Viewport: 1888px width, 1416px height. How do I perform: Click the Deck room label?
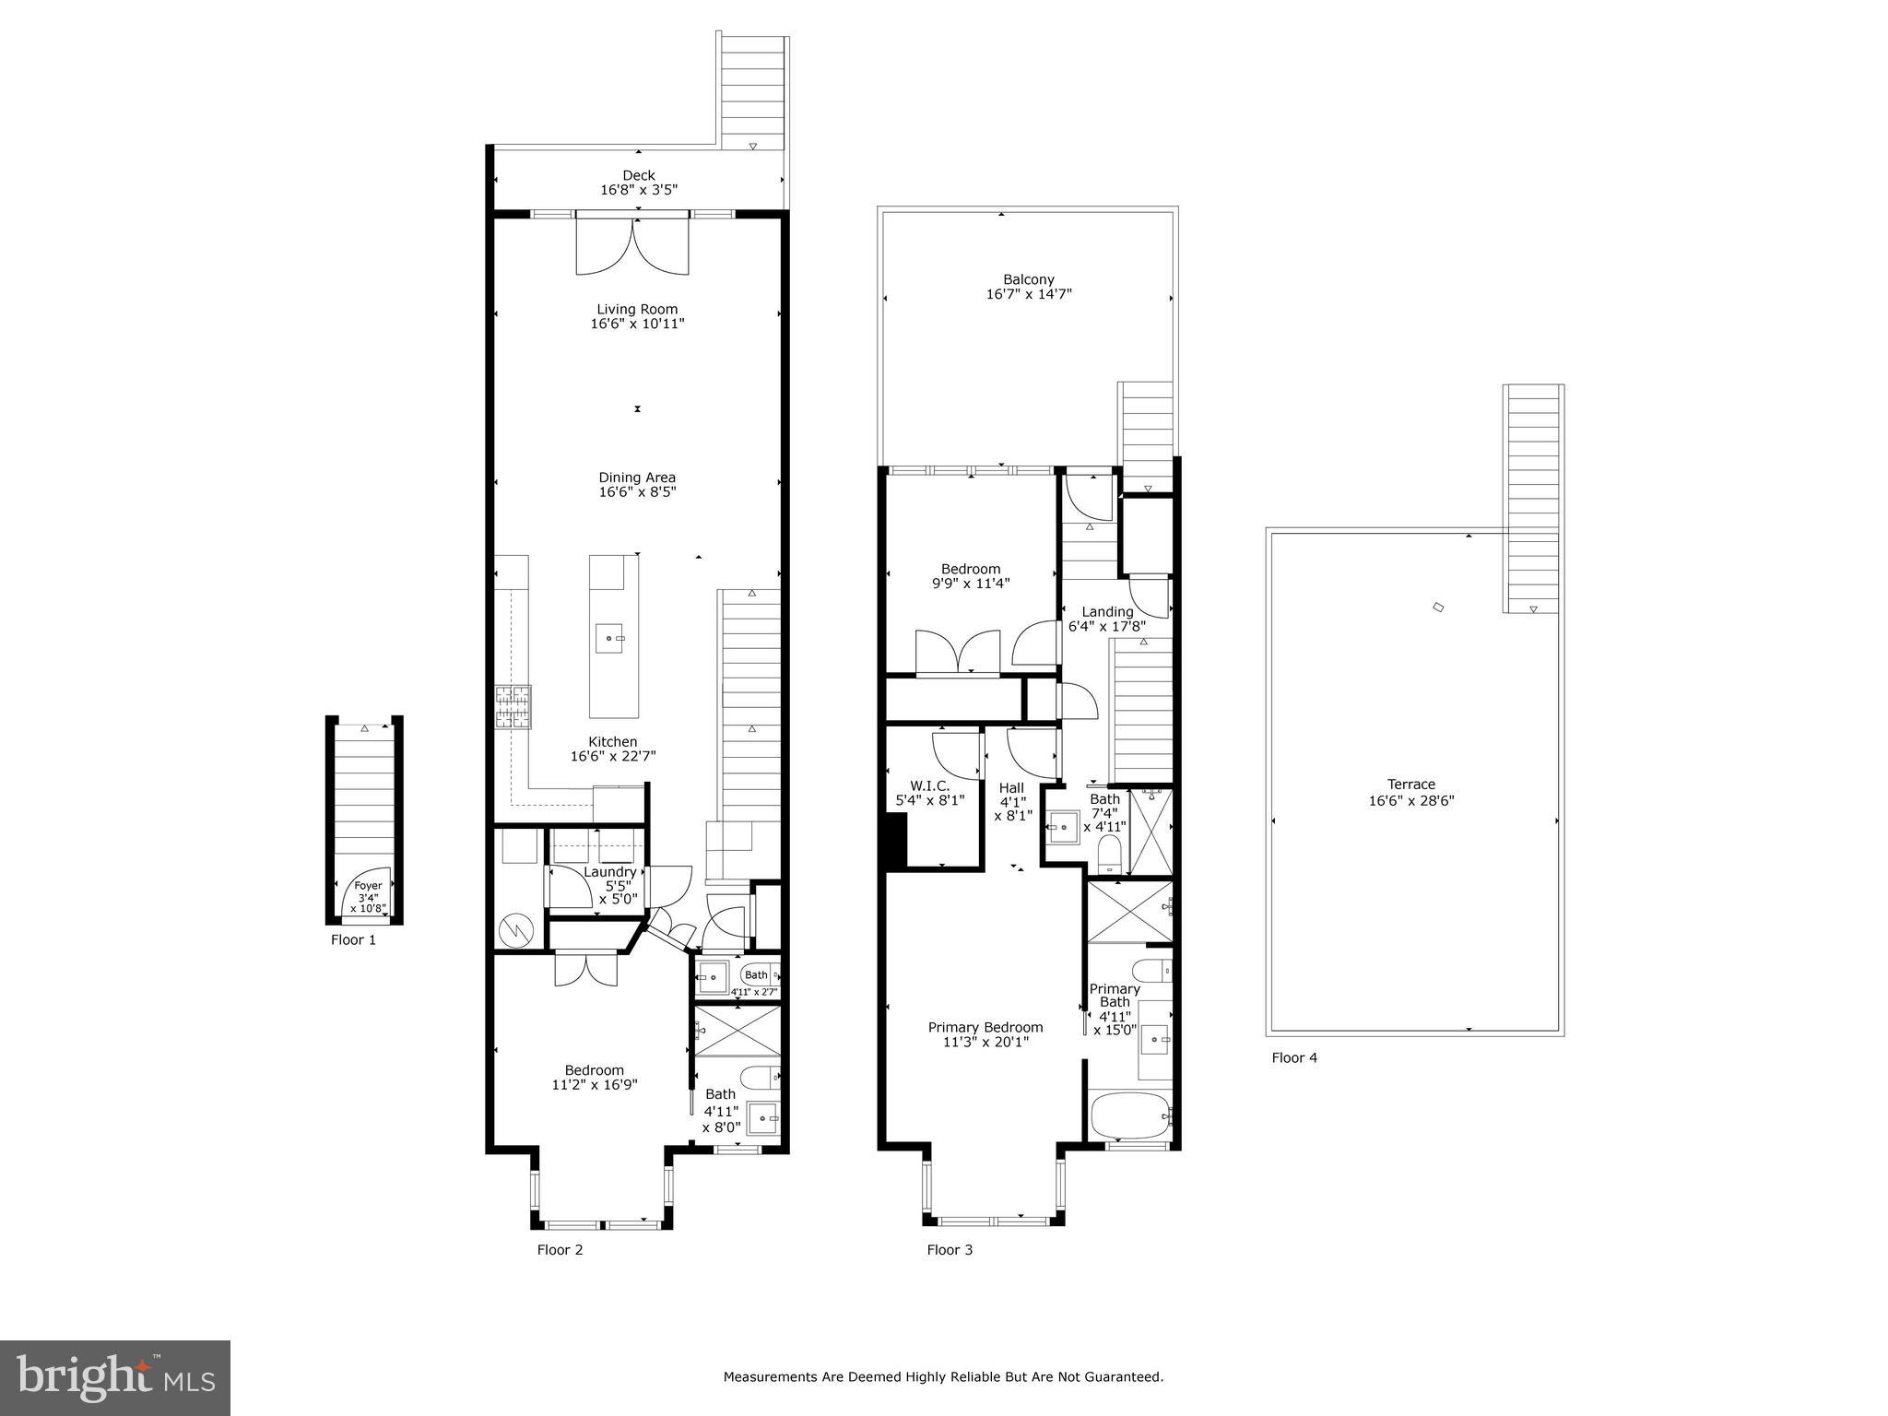pos(638,175)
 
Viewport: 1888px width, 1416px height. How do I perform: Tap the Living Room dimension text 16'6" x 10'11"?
pos(637,324)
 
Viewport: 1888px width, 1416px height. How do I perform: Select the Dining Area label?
pos(637,478)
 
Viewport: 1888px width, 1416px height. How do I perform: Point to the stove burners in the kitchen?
pos(513,708)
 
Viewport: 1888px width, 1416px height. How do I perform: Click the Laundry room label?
pos(609,872)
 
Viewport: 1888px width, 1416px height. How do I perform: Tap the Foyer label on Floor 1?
pos(368,886)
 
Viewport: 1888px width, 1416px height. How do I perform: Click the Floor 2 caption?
pos(560,1250)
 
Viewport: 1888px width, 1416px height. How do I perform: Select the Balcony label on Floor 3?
pos(1028,279)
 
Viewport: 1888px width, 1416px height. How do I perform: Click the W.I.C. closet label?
pos(929,785)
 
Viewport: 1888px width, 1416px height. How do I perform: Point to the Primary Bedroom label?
pos(985,1027)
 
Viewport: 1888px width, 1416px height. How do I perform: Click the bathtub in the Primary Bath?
pos(1130,1116)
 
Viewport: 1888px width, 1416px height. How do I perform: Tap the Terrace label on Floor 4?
pos(1411,785)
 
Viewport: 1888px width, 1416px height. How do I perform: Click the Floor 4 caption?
pos(1294,1057)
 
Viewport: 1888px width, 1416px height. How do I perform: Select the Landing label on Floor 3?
pos(1107,611)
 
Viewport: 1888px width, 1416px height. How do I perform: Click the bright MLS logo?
pos(115,1378)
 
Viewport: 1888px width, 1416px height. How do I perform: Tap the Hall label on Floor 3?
pos(1011,788)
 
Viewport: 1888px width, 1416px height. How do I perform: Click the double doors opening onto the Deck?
pos(632,244)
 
